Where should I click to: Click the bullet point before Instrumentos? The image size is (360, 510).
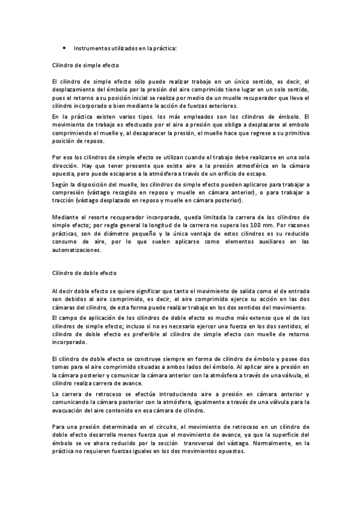[x=64, y=48]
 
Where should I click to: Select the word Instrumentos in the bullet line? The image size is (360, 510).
[x=92, y=48]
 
